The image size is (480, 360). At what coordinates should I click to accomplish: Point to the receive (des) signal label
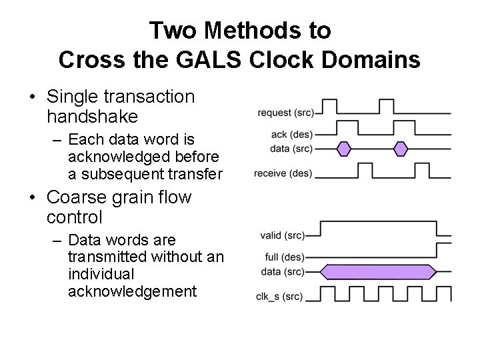click(x=283, y=174)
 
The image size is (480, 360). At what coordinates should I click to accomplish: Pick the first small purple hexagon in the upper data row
click(x=344, y=149)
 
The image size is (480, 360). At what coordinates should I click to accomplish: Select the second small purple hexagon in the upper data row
click(x=401, y=149)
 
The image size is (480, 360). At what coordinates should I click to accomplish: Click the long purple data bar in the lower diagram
click(x=378, y=271)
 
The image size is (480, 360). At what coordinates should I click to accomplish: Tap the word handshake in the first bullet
click(x=93, y=117)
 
